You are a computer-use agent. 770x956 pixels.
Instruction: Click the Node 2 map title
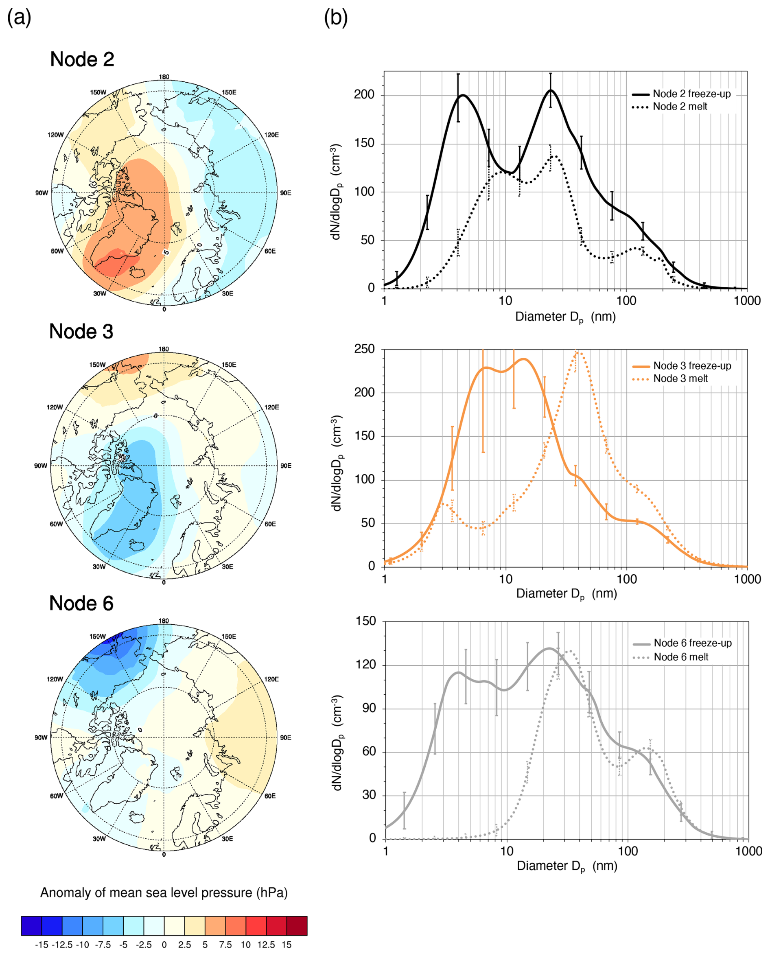click(82, 59)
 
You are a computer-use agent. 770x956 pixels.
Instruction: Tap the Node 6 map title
click(81, 603)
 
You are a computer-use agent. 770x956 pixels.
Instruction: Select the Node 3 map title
click(81, 331)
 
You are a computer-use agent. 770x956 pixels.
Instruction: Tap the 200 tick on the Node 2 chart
click(364, 95)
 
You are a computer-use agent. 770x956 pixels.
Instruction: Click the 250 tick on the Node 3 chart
click(364, 349)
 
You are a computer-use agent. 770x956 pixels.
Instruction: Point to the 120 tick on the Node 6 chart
click(366, 665)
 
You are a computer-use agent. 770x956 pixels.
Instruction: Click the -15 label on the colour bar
click(42, 945)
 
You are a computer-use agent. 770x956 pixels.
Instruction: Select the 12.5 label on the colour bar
click(266, 945)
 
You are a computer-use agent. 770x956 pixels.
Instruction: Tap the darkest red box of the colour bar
click(297, 926)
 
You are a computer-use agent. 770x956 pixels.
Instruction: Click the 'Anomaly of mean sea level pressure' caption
click(164, 893)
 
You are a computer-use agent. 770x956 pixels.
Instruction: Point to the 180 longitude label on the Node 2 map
click(164, 77)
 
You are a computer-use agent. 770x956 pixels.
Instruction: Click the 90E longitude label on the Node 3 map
click(286, 466)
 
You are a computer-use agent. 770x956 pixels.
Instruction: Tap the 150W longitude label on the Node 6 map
click(98, 637)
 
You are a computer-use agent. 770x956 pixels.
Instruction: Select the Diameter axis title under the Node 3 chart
click(567, 593)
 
